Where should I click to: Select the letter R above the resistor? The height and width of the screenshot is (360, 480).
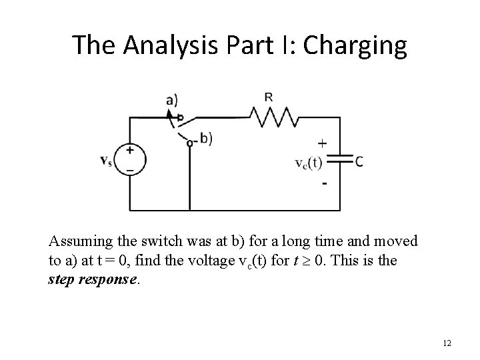click(268, 97)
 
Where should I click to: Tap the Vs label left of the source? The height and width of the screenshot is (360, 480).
click(105, 161)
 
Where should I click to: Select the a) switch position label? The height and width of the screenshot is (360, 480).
click(172, 100)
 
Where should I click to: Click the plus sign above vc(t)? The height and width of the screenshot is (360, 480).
click(323, 143)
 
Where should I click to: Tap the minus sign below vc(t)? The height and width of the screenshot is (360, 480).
click(325, 183)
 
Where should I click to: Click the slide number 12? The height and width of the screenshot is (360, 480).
click(447, 343)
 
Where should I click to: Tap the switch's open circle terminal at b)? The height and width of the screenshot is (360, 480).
click(190, 142)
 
